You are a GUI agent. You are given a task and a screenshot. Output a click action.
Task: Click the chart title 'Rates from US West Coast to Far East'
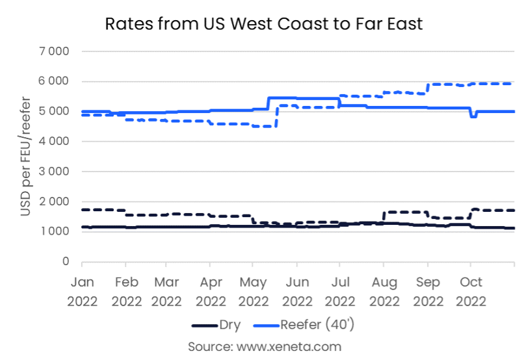264,25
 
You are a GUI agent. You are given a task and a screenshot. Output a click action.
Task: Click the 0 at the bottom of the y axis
66,262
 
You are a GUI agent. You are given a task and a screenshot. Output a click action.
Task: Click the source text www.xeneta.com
264,346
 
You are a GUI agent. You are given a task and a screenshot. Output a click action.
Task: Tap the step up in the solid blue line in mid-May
268,103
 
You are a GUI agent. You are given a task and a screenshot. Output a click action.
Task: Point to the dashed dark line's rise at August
384,217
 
